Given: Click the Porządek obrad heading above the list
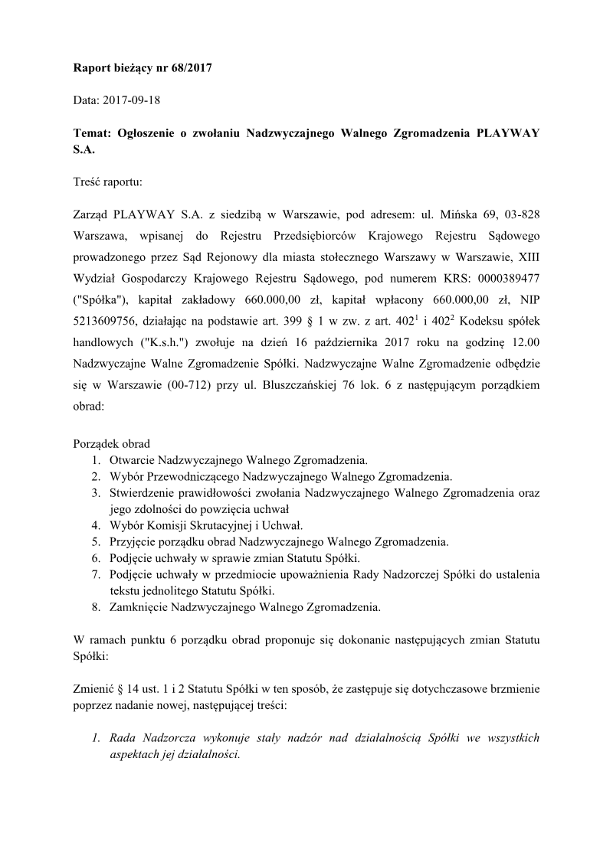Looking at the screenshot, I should pos(112,443).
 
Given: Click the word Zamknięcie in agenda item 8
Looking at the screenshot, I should pos(139,607).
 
